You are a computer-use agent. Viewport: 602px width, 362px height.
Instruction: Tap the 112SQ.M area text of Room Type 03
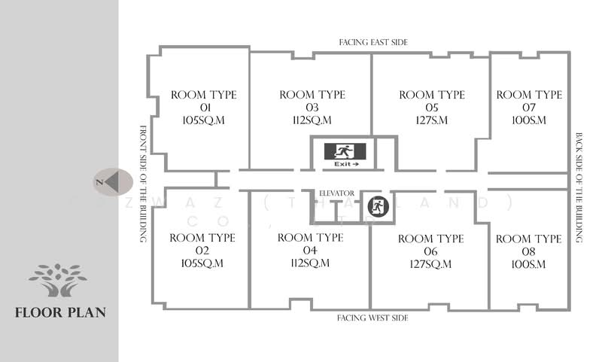312,120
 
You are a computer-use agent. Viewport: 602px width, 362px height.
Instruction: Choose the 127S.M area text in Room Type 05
432,120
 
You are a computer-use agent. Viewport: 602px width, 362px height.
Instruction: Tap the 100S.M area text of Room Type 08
528,264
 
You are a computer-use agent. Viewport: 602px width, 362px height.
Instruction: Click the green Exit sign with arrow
345,154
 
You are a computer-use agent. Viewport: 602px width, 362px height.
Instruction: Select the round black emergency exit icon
378,206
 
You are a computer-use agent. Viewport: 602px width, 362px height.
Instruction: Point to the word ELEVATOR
336,193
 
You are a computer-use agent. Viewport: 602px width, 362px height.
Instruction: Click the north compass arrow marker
112,182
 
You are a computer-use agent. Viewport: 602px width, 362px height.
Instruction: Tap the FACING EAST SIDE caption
373,43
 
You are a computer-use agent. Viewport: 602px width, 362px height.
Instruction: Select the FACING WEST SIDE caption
373,318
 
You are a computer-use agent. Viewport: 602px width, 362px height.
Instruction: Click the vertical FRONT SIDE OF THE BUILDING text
142,183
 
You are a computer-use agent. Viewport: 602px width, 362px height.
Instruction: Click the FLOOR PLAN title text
60,312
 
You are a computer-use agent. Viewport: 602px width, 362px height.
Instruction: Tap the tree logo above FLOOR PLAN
58,280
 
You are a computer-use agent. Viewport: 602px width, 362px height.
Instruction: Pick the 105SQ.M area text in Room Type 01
203,120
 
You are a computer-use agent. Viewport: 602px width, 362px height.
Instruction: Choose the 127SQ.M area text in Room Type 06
430,264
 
